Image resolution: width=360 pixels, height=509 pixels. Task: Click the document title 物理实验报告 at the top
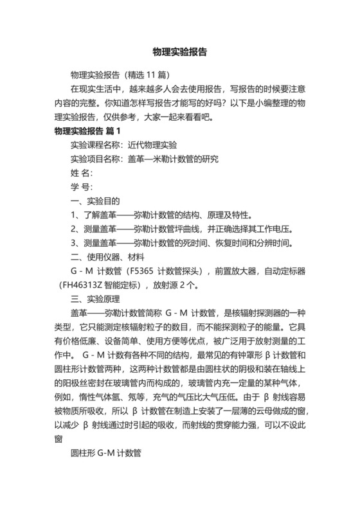[179, 52]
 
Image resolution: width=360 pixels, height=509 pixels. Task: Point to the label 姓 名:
[82, 174]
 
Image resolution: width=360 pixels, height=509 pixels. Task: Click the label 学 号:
[82, 188]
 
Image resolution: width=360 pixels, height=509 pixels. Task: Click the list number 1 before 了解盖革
[73, 215]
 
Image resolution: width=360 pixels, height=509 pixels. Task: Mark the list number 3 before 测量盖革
[73, 244]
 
